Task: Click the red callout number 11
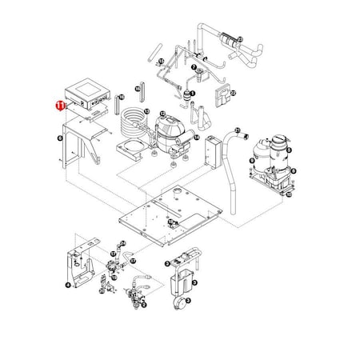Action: coord(58,104)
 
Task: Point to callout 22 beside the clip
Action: coord(233,94)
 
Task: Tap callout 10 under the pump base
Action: coord(290,194)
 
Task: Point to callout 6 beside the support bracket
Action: coord(62,138)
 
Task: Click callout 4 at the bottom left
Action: coord(67,284)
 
